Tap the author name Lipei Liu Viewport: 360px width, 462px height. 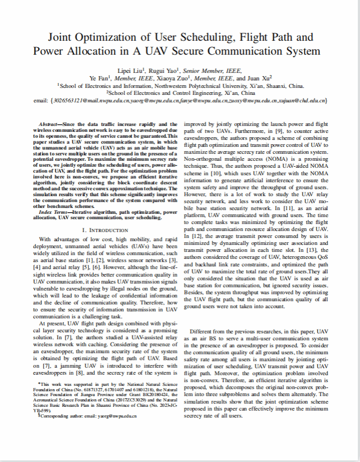[x=131, y=70]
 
